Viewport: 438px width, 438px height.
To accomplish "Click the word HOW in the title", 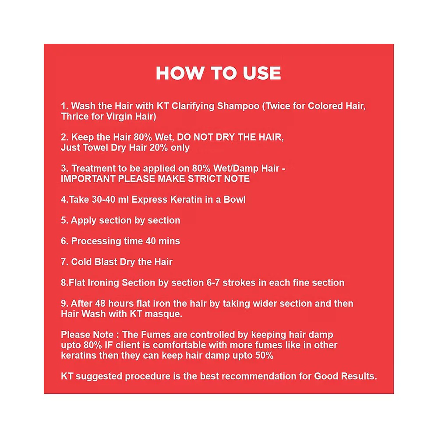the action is (x=179, y=73).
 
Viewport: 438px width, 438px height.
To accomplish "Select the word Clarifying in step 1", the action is (x=193, y=106).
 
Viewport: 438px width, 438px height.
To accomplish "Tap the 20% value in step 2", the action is (x=159, y=148).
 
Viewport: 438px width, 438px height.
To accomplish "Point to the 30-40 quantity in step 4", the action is (x=103, y=199).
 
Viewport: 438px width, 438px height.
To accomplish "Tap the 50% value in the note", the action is (x=264, y=355).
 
